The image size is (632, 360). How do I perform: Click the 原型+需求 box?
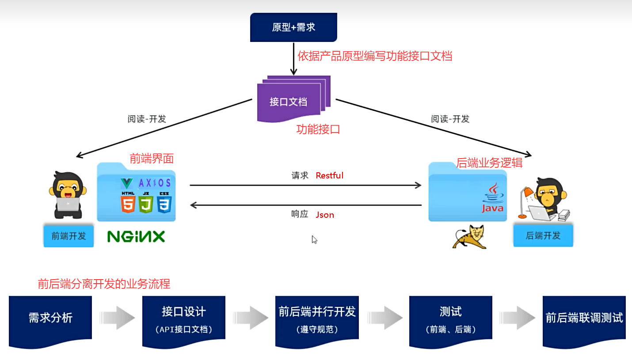[293, 27]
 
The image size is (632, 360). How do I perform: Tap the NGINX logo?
[136, 236]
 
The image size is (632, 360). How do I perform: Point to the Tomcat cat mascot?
[469, 237]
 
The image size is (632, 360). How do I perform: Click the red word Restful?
[329, 175]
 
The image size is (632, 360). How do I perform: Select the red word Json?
[325, 215]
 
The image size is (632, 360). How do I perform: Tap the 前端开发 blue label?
[69, 236]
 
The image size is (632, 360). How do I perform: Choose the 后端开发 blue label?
[543, 235]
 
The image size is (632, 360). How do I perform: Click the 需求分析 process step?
[50, 318]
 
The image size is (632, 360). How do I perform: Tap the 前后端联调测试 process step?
[584, 318]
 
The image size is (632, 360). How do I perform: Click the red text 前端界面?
[152, 158]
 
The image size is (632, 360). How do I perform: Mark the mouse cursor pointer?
[314, 239]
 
